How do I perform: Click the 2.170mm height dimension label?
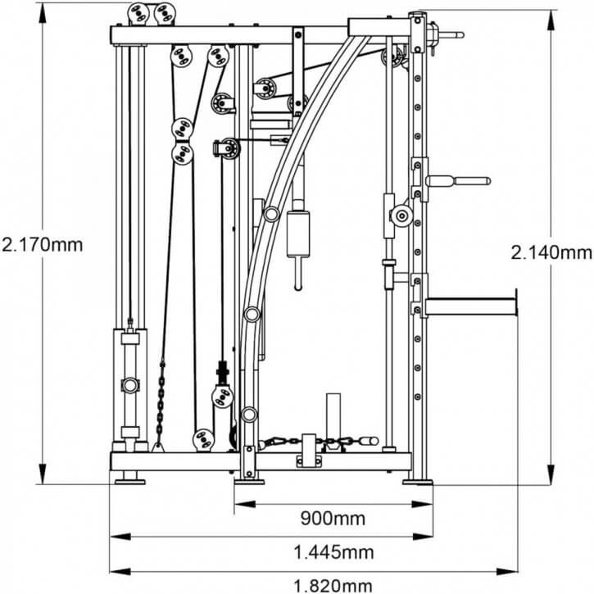click(42, 244)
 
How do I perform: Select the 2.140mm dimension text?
click(551, 253)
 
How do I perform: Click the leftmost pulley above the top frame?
click(137, 13)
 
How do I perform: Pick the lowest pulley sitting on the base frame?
click(202, 440)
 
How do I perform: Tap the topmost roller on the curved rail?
click(270, 215)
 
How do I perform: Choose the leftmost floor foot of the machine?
click(129, 478)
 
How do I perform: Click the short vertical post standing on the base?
click(333, 414)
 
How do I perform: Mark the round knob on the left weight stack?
click(129, 384)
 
